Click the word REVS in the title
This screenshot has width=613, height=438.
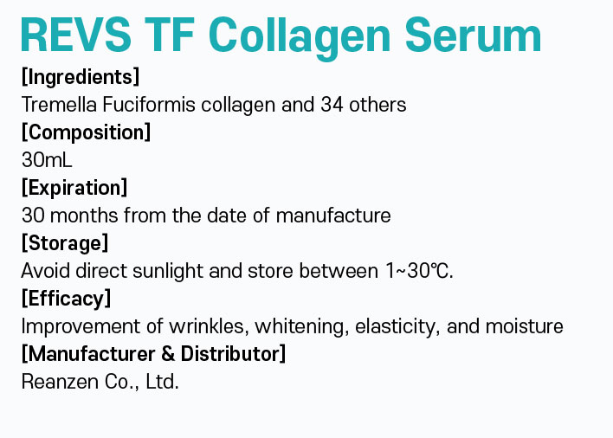pyautogui.click(x=76, y=35)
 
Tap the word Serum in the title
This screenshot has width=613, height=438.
pyautogui.click(x=473, y=35)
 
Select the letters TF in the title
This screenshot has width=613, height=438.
pyautogui.click(x=170, y=35)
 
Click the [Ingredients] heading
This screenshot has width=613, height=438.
pyautogui.click(x=81, y=76)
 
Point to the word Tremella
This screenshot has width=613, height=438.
pyautogui.click(x=59, y=105)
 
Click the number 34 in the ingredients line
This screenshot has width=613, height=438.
pyautogui.click(x=332, y=105)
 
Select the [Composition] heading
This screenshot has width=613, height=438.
pyautogui.click(x=86, y=132)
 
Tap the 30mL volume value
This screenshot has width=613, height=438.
pyautogui.click(x=47, y=160)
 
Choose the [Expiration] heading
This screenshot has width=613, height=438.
pyautogui.click(x=74, y=188)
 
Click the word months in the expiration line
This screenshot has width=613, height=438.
pyautogui.click(x=84, y=216)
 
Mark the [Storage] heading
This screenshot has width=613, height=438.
pyautogui.click(x=65, y=243)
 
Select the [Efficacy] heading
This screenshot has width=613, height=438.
pyautogui.click(x=66, y=299)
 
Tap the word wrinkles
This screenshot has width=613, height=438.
pyautogui.click(x=210, y=326)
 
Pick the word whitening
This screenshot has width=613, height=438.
pyautogui.click(x=302, y=326)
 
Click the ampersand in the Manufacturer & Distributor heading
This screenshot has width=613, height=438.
pyautogui.click(x=168, y=354)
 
